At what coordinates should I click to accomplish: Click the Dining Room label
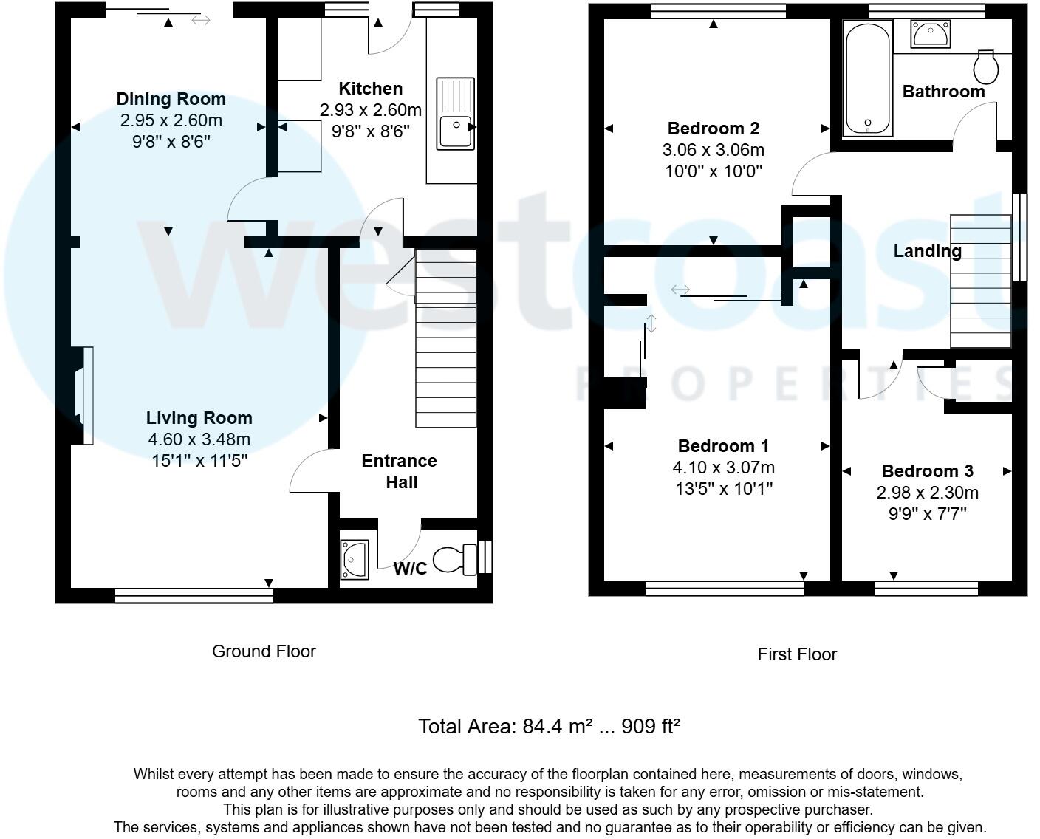point(171,99)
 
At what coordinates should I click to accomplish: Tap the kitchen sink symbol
point(456,113)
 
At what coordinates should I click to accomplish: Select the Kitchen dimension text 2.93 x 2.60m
point(370,110)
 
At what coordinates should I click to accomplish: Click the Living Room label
point(199,418)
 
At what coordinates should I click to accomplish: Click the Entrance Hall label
point(399,471)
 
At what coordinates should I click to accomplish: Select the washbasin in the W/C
point(355,559)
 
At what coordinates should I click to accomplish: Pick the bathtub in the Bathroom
point(868,78)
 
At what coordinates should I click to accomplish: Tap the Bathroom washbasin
point(930,34)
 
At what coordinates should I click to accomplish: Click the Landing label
point(927,251)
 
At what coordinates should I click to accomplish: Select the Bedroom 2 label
point(713,129)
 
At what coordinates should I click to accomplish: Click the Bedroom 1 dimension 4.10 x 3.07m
point(723,468)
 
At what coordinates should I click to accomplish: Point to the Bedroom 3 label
point(927,471)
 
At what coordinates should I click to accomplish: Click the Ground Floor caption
point(264,651)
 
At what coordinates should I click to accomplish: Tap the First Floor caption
point(797,654)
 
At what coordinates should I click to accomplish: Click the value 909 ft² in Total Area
point(650,727)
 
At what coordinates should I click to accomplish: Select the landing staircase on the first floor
point(980,281)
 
